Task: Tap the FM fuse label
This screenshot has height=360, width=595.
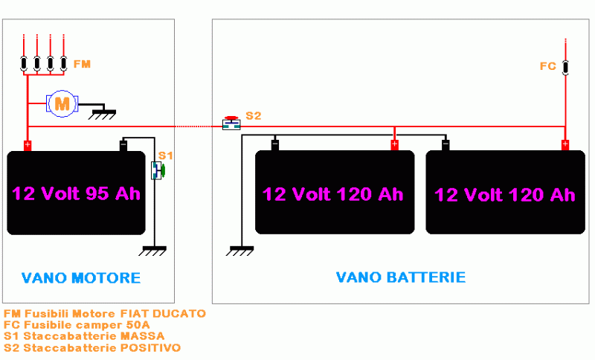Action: click(81, 65)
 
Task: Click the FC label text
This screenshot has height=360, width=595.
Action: click(547, 66)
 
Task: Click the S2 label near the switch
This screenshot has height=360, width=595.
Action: click(254, 116)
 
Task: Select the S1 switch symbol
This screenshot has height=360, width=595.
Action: click(158, 170)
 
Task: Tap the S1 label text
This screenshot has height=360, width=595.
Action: click(165, 155)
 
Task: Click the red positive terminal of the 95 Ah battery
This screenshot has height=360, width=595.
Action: click(28, 145)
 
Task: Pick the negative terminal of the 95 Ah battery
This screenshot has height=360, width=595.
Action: click(124, 145)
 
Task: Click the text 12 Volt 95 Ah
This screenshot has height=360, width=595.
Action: click(76, 193)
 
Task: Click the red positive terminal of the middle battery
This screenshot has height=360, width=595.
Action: click(394, 144)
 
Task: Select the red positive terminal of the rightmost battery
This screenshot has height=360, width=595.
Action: click(565, 144)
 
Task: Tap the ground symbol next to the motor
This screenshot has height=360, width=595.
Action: click(103, 114)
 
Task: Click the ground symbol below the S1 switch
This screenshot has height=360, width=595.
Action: click(152, 251)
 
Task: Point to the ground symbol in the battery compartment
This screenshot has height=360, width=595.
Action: click(240, 251)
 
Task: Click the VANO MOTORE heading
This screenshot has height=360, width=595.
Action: click(81, 278)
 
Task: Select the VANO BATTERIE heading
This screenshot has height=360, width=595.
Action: click(401, 277)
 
